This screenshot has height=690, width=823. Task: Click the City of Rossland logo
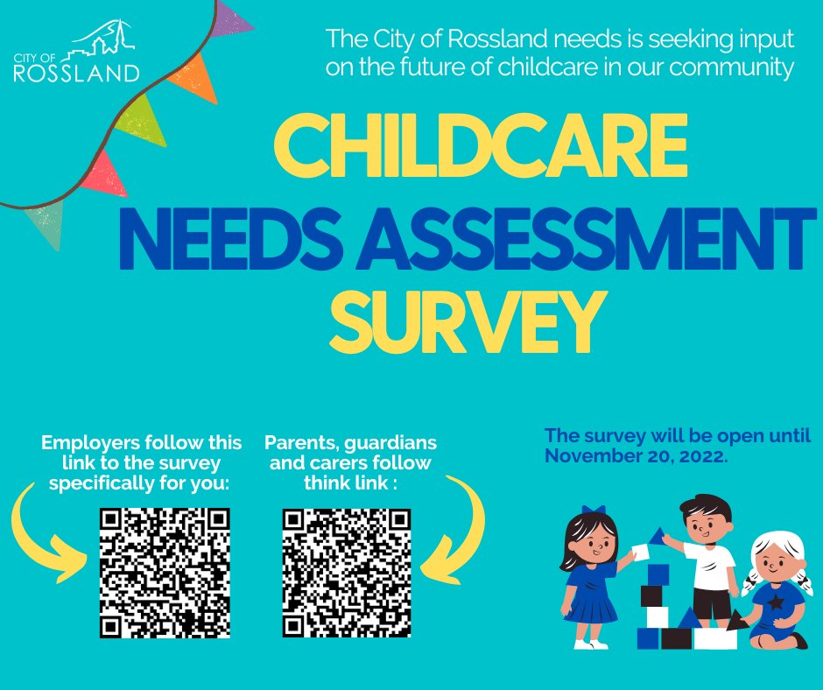[76, 52]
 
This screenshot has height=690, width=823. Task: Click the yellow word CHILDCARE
[481, 145]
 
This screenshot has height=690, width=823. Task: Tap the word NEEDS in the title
[231, 238]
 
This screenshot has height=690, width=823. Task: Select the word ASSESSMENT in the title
[586, 238]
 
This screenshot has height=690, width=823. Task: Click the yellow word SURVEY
[468, 322]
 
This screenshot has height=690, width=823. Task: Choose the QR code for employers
[165, 573]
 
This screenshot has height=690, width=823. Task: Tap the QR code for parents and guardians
[347, 573]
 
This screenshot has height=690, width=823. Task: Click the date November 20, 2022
[635, 456]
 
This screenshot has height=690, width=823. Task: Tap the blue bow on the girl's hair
[594, 510]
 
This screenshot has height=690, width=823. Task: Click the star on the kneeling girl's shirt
[776, 602]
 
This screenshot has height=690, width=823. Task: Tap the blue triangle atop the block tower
[658, 537]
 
